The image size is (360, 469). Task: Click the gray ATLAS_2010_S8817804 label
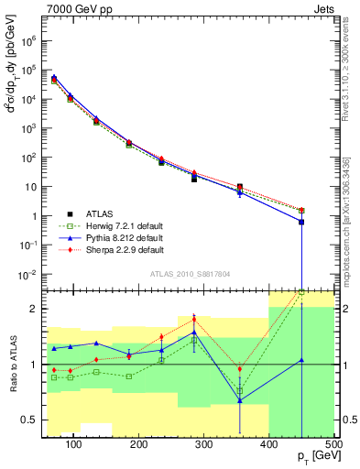(x=191, y=273)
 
